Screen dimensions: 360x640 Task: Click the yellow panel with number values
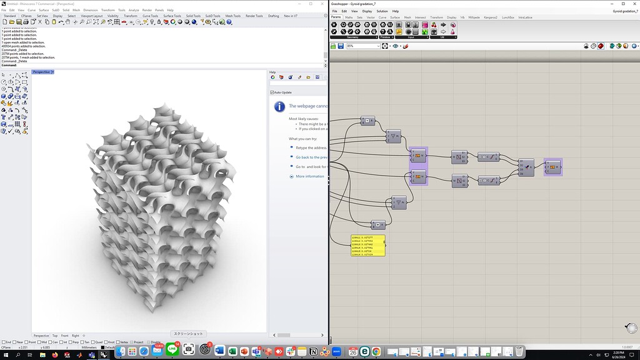click(368, 246)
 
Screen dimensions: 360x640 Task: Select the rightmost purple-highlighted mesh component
click(552, 167)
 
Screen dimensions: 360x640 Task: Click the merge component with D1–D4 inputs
click(526, 167)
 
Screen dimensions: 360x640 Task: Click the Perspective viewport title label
click(41, 72)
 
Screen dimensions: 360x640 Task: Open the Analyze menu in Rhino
click(134, 10)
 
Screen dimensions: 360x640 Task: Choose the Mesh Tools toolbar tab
click(233, 16)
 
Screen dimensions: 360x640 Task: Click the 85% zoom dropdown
click(363, 46)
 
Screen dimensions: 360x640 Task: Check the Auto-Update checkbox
click(272, 92)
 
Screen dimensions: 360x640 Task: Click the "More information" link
click(309, 176)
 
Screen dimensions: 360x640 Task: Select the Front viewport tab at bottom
click(64, 336)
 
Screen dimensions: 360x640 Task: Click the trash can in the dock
click(519, 351)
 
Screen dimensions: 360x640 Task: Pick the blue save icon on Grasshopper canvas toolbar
click(340, 46)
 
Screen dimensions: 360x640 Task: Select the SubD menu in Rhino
click(56, 10)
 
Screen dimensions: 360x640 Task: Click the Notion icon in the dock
click(314, 351)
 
